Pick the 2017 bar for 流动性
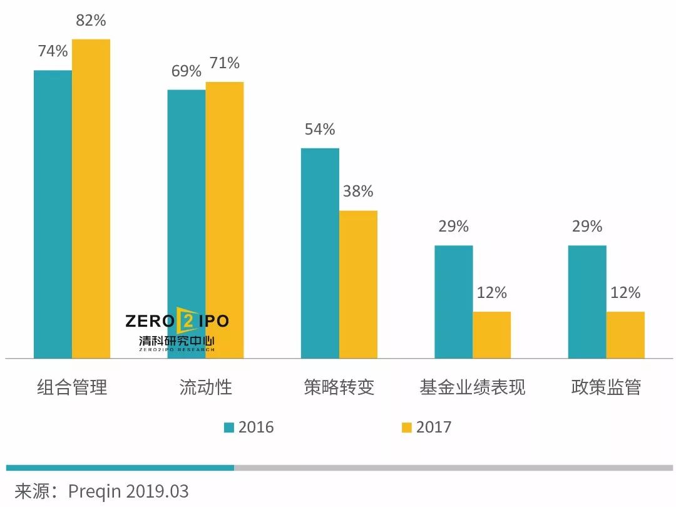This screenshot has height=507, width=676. coord(225,220)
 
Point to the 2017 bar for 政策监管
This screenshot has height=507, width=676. coord(625,335)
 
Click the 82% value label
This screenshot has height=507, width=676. coord(91,21)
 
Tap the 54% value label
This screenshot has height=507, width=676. coord(320,130)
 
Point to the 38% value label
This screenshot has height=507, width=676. coord(358,192)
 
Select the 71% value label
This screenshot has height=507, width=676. coord(224,63)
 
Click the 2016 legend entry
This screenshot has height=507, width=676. coord(249,428)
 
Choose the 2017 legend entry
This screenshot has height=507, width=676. coord(426,428)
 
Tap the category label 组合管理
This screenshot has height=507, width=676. coord(72,387)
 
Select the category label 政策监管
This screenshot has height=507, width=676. coord(606,387)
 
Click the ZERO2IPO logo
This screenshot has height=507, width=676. coord(177,329)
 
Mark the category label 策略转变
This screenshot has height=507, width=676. coord(339,387)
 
